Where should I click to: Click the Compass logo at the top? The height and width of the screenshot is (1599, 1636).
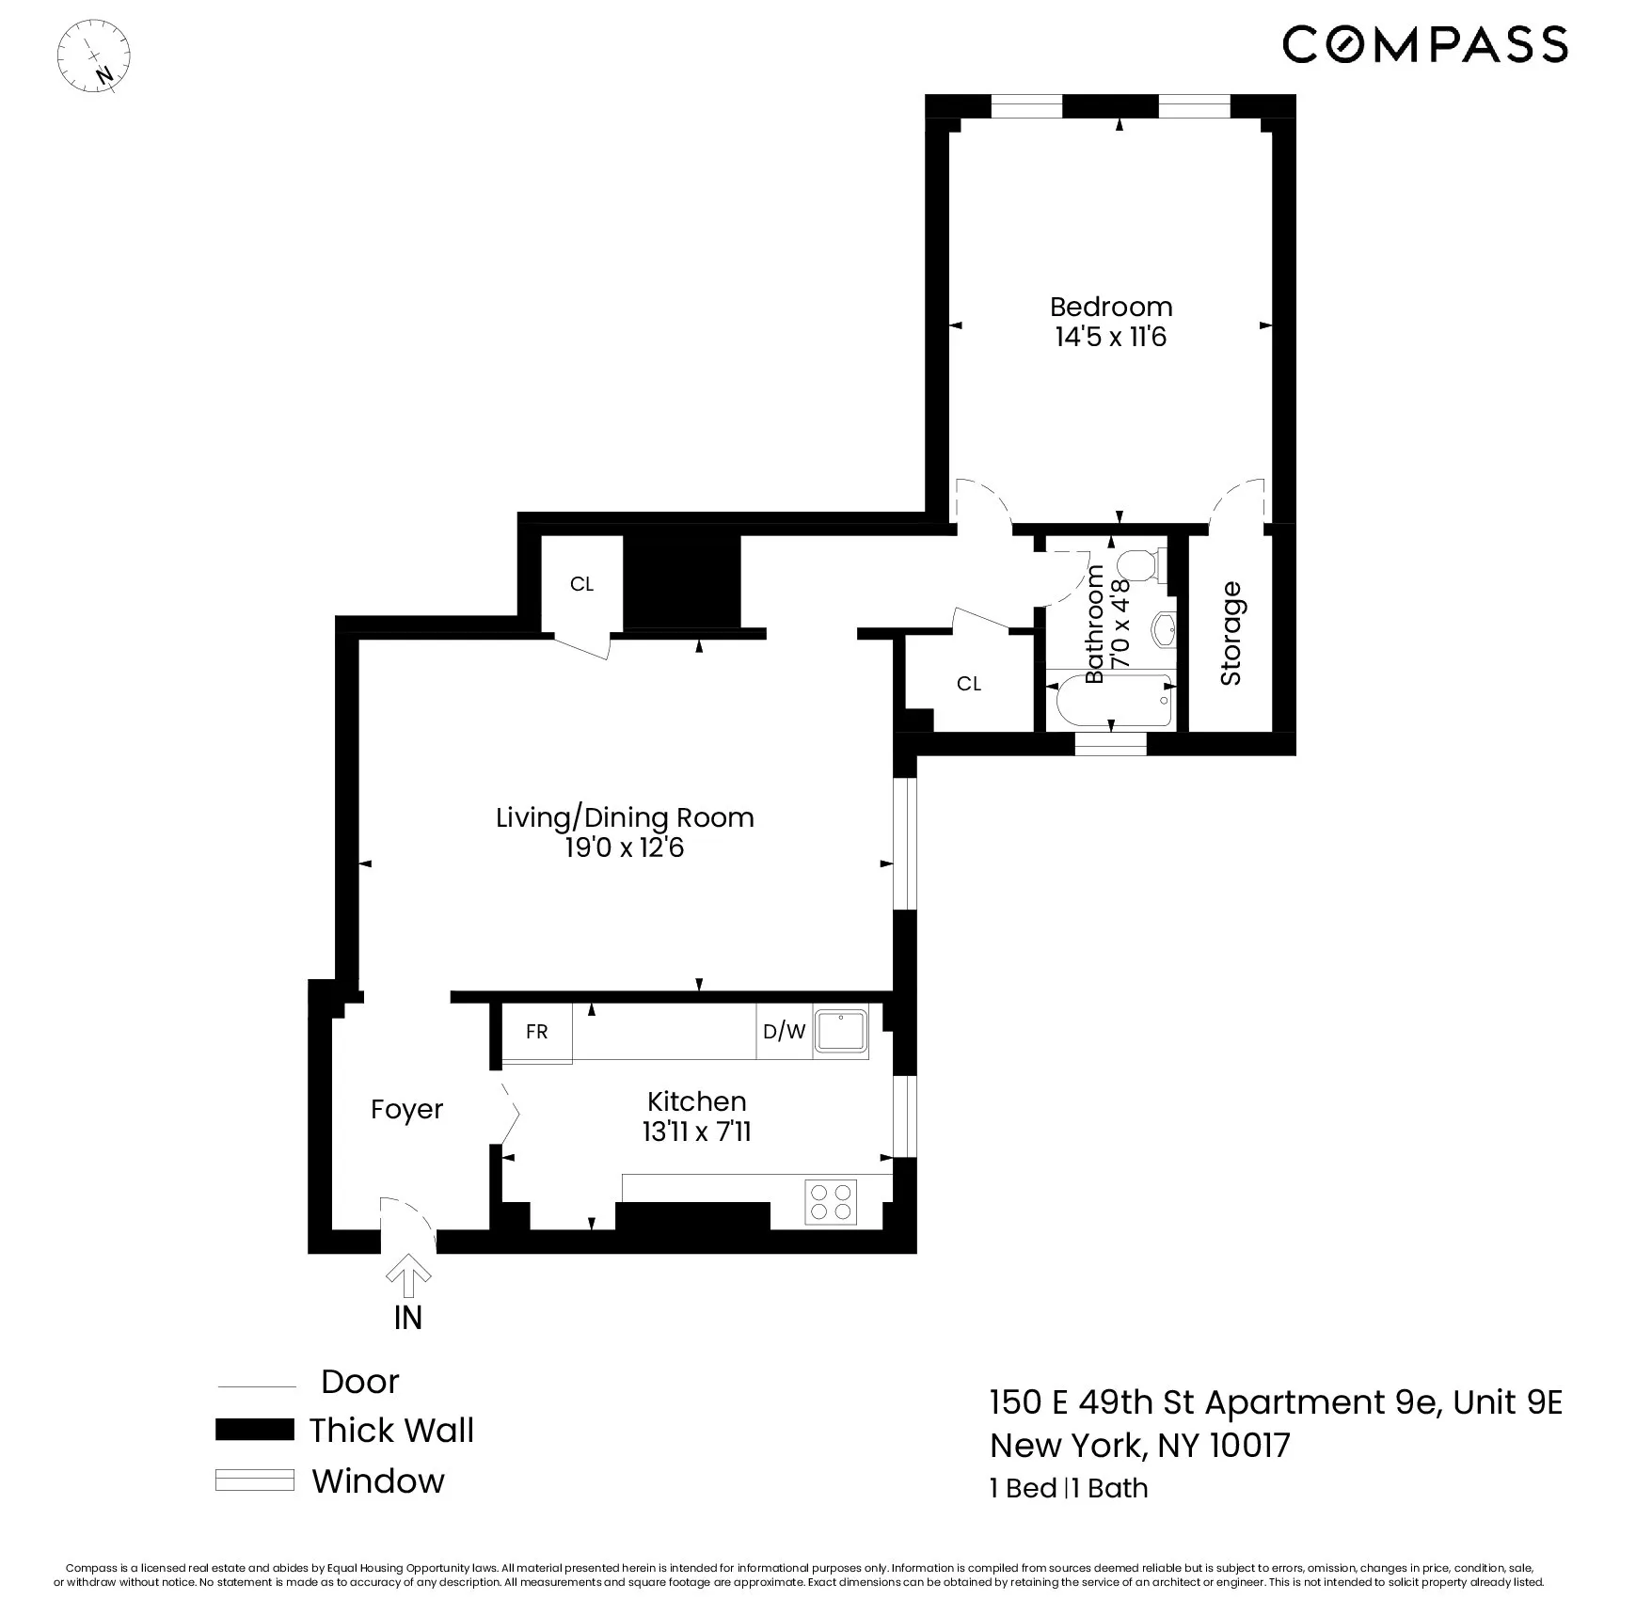tap(1424, 44)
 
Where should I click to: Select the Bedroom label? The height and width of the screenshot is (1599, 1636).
tap(1110, 307)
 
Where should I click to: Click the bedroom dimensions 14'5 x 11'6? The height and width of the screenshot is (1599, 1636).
tap(1110, 337)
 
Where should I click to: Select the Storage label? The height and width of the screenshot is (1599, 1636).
tap(1231, 633)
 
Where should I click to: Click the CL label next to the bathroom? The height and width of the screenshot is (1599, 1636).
tap(968, 684)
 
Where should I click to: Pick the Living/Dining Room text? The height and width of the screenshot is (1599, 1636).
tap(625, 817)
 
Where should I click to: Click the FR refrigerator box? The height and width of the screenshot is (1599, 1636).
tap(536, 1032)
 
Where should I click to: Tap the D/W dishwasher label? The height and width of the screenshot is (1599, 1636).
tap(784, 1032)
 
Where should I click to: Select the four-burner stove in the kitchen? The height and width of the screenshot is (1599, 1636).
tap(831, 1201)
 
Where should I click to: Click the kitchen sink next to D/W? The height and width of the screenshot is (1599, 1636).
tap(840, 1031)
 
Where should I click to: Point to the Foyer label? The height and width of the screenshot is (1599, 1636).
tap(406, 1110)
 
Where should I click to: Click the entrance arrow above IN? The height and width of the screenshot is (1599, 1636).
tap(408, 1274)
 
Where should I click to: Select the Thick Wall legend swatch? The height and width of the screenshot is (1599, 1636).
tap(254, 1430)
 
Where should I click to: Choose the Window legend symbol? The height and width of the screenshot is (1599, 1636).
tap(254, 1480)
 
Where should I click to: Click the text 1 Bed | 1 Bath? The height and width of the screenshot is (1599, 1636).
tap(1069, 1488)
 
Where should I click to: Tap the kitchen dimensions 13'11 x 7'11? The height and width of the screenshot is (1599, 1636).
tap(696, 1132)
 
